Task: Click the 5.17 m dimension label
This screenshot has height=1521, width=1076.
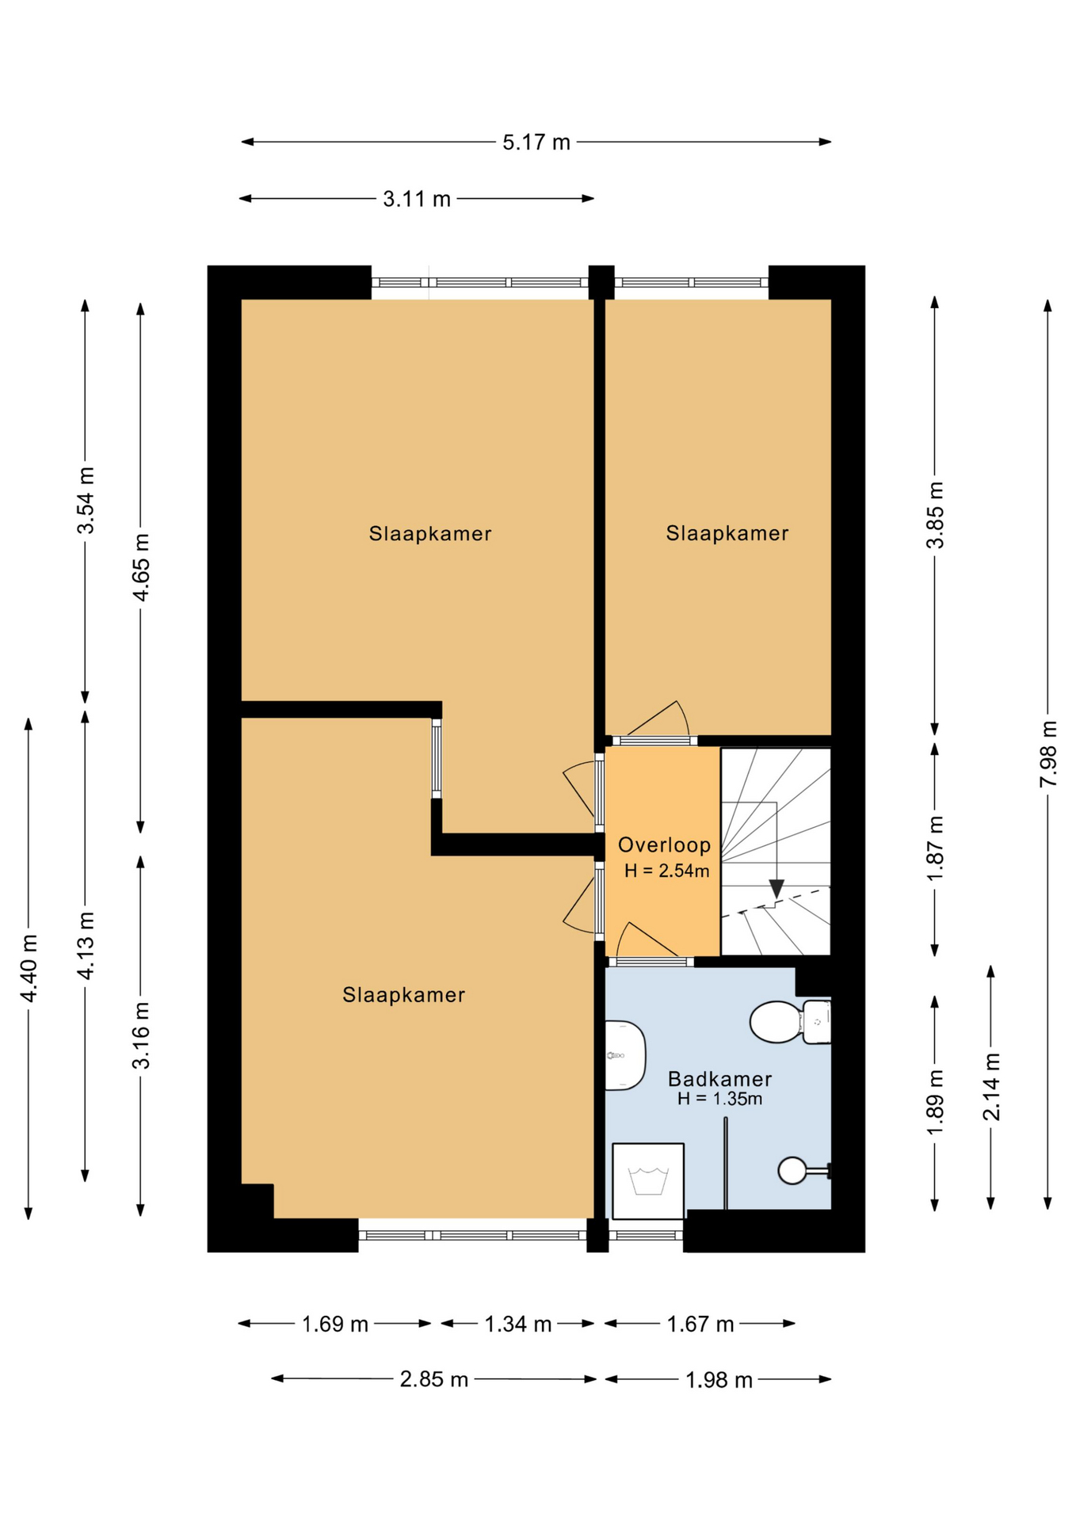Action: point(536,143)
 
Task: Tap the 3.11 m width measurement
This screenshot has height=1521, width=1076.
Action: point(417,199)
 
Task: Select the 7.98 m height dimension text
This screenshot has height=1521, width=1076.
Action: point(1048,753)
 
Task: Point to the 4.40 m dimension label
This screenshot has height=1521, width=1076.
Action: point(29,968)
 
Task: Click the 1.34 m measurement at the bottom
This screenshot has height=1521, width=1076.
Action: point(518,1324)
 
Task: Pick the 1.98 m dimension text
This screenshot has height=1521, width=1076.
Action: point(719,1380)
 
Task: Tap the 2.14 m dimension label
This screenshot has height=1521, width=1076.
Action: point(991,1087)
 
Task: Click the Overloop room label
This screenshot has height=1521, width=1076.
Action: point(665,845)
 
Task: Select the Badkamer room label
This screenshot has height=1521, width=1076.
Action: point(719,1079)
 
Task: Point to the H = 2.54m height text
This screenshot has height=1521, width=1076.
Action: point(666,871)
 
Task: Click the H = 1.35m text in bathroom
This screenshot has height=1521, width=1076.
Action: point(719,1099)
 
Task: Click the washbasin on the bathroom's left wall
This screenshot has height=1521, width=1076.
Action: point(625,1055)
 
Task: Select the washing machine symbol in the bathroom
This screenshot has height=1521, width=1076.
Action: point(648,1181)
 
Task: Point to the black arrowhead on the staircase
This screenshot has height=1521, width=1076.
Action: point(776,889)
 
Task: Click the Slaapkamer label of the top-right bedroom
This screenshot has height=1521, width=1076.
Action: point(727,533)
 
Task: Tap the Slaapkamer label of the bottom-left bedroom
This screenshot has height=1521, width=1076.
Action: point(403,995)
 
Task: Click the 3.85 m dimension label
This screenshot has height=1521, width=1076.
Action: point(936,515)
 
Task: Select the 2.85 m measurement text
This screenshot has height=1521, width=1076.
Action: point(433,1380)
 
